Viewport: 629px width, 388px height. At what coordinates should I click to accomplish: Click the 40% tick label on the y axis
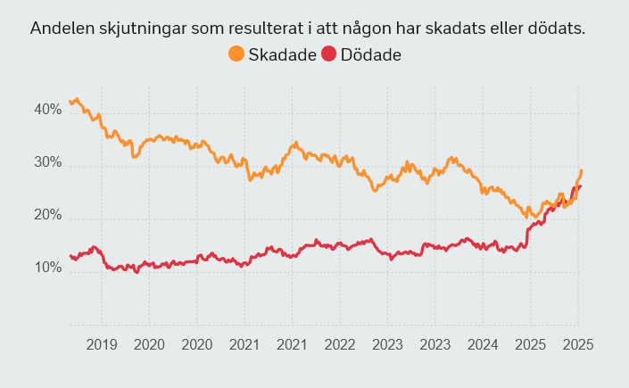[x=47, y=110]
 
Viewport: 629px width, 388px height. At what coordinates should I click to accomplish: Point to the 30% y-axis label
[x=47, y=163]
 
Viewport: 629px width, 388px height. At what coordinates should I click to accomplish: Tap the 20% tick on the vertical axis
[x=47, y=216]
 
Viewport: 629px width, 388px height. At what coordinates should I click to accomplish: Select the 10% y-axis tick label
[x=47, y=268]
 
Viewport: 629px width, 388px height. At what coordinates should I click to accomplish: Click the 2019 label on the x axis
[x=101, y=344]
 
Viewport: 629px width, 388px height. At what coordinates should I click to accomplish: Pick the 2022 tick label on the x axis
[x=340, y=344]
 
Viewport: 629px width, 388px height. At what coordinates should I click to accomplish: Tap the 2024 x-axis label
[x=483, y=344]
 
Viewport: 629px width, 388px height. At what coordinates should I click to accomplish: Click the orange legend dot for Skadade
[x=236, y=54]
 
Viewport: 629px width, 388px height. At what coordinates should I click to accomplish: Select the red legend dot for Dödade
[x=328, y=54]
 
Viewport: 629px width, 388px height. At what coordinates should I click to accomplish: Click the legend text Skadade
[x=282, y=54]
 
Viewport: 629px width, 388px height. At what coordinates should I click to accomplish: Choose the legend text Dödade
[x=370, y=54]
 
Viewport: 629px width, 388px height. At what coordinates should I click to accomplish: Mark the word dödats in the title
[x=560, y=28]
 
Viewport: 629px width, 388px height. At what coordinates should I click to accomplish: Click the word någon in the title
[x=380, y=28]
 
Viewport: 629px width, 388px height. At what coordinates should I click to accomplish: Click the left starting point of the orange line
[x=70, y=101]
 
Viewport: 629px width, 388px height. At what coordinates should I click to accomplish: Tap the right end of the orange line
[x=582, y=169]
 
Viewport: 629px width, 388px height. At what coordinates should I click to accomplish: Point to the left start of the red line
[x=70, y=256]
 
